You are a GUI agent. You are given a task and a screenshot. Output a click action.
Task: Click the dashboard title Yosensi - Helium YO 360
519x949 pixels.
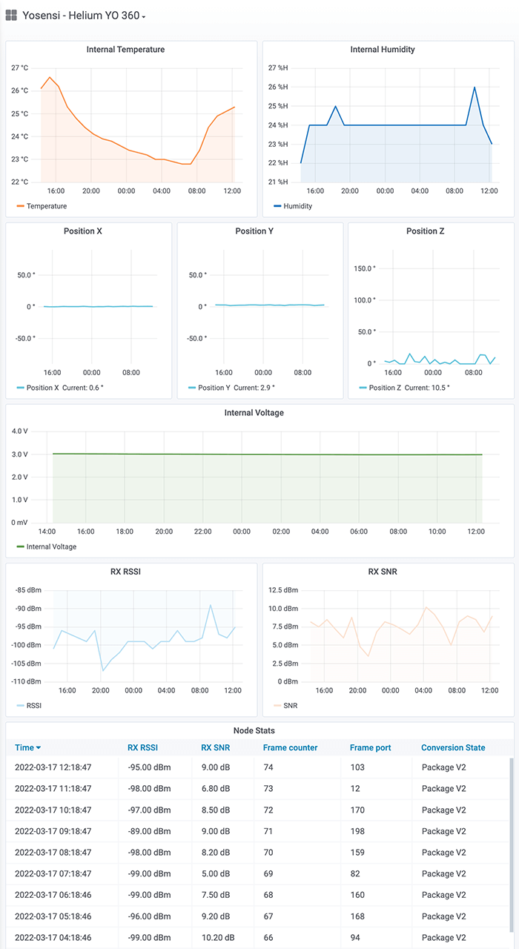click(82, 15)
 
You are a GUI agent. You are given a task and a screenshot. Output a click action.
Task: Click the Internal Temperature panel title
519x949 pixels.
click(125, 50)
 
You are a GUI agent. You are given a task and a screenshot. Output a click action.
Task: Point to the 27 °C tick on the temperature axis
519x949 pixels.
click(20, 67)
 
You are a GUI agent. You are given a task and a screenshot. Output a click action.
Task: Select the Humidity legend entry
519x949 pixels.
click(297, 206)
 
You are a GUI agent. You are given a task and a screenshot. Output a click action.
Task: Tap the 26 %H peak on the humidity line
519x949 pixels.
click(475, 87)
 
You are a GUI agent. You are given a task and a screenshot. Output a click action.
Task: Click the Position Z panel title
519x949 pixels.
click(426, 231)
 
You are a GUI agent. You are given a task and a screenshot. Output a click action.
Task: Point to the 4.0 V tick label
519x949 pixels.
click(20, 431)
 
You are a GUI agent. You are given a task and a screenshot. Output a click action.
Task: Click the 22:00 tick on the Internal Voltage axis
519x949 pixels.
click(202, 532)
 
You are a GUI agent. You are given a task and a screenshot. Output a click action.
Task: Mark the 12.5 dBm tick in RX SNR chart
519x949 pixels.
click(282, 590)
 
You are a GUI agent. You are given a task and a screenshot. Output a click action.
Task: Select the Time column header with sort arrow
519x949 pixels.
click(28, 747)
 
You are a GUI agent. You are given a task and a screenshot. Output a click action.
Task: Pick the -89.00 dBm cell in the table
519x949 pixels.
click(149, 831)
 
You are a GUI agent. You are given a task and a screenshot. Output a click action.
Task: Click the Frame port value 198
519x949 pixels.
click(357, 831)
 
